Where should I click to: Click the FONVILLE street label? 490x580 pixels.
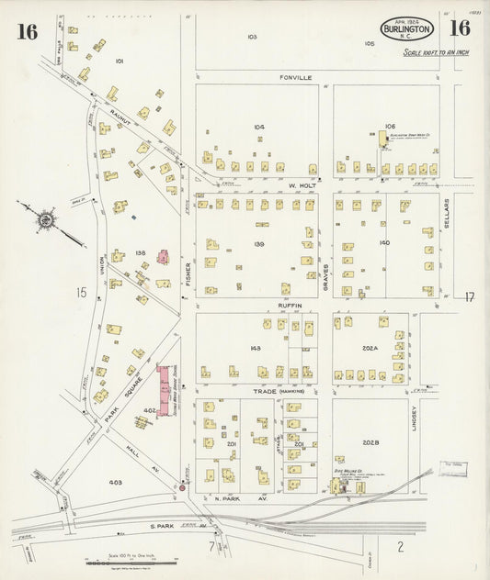point(296,78)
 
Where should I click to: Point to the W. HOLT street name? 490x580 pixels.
point(302,184)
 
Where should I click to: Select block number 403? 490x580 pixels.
point(116,482)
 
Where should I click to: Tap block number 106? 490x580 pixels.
point(389,127)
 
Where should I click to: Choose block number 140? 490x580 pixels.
point(384,243)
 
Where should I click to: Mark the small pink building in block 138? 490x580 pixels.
point(163,256)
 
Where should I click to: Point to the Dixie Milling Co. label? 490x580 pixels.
point(348,468)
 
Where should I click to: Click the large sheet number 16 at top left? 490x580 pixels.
point(26,32)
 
